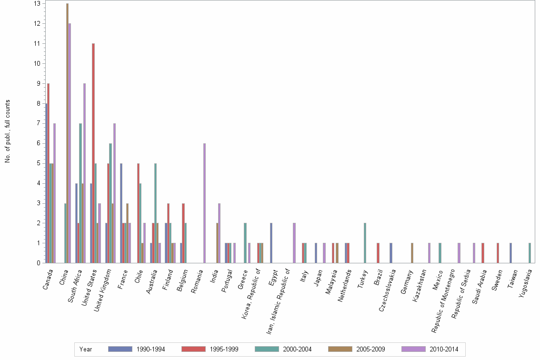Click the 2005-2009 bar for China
tap(67, 133)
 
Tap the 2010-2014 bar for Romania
tap(204, 203)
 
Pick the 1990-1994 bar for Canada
tap(46, 183)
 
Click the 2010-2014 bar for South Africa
tap(84, 173)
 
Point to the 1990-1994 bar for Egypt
tap(271, 243)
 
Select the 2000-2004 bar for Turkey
tap(365, 243)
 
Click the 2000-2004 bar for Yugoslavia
tap(530, 253)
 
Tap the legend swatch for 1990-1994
tap(120, 349)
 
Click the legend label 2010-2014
tap(443, 350)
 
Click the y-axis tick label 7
tap(38, 123)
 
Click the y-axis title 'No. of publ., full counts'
tap(7, 131)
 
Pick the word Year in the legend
tap(86, 350)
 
